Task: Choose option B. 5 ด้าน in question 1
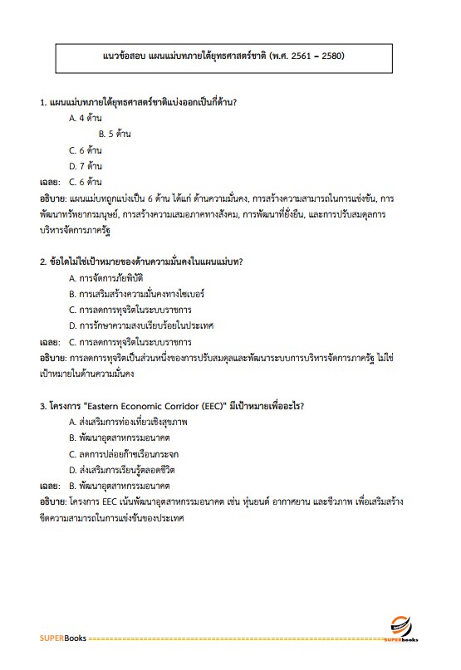click(115, 134)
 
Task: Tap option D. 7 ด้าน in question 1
click(86, 165)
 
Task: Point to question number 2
click(42, 262)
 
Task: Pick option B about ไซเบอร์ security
click(137, 293)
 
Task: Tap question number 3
click(42, 406)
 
